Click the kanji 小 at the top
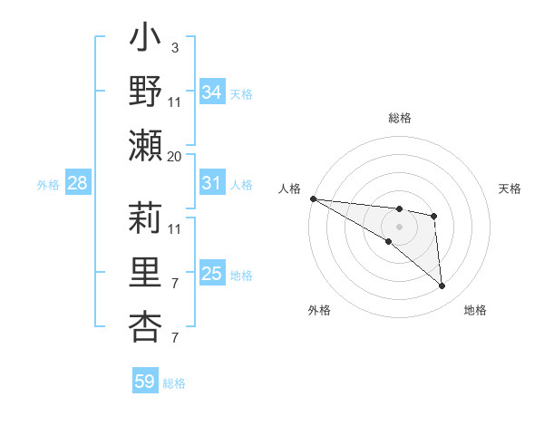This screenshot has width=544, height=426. click(x=145, y=41)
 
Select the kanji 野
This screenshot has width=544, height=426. click(x=145, y=92)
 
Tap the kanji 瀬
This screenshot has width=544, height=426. click(x=145, y=145)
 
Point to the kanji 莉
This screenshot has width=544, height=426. click(x=145, y=218)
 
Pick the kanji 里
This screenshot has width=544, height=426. click(x=145, y=272)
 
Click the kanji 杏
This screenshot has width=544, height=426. click(x=145, y=324)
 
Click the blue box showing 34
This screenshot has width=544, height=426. click(x=212, y=92)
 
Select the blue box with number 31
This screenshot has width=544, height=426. click(x=212, y=183)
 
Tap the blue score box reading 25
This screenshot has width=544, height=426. click(x=212, y=274)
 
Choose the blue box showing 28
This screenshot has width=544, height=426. click(x=77, y=183)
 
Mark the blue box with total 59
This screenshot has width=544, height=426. click(x=144, y=382)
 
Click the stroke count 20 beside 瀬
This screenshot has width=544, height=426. click(x=175, y=156)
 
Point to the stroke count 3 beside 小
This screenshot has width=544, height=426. click(x=175, y=48)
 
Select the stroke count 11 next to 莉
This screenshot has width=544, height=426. click(x=175, y=228)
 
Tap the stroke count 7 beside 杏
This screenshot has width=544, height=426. click(x=175, y=337)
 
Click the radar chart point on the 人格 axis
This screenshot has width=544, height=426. click(x=313, y=198)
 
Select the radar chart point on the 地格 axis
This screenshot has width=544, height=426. click(x=442, y=286)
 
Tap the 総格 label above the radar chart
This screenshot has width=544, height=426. click(x=400, y=118)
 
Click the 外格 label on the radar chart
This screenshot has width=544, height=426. click(x=319, y=310)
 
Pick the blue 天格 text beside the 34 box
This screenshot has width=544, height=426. click(x=241, y=94)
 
